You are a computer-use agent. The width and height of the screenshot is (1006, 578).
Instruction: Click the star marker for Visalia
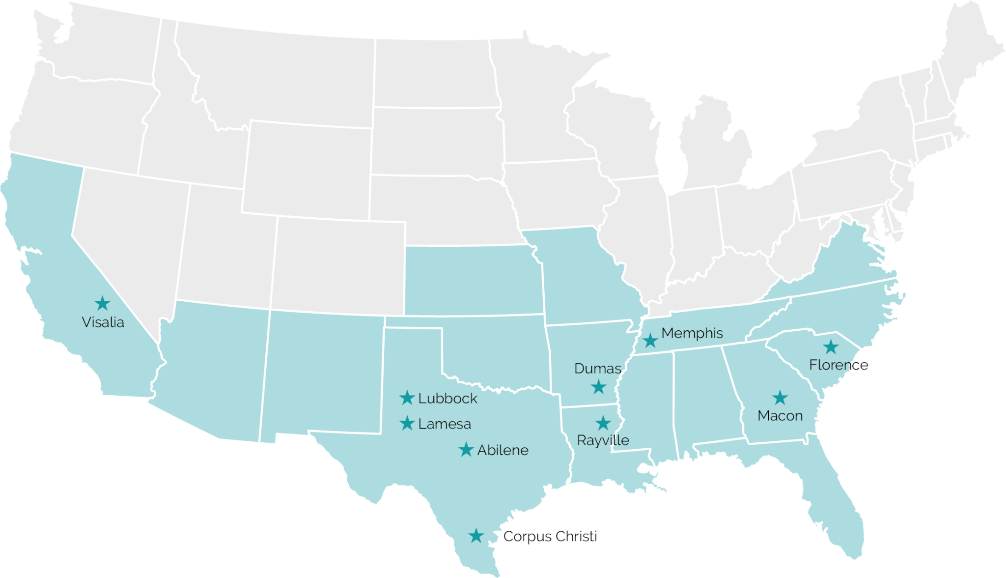pyautogui.click(x=102, y=303)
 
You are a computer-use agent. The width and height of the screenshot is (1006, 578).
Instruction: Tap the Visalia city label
pyautogui.click(x=103, y=322)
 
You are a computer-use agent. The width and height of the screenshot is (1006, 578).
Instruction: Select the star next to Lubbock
pyautogui.click(x=407, y=398)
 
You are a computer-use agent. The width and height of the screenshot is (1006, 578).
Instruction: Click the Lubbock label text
pyautogui.click(x=447, y=399)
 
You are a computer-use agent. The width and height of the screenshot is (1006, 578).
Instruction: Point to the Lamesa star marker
pyautogui.click(x=407, y=423)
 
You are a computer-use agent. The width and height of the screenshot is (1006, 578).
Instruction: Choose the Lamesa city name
pyautogui.click(x=445, y=424)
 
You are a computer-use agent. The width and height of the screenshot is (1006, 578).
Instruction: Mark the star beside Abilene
pyautogui.click(x=466, y=449)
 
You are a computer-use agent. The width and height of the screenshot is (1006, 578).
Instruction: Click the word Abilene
pyautogui.click(x=503, y=450)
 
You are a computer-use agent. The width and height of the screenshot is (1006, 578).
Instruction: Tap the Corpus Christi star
pyautogui.click(x=475, y=536)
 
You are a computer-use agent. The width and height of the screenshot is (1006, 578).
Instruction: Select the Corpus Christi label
pyautogui.click(x=550, y=536)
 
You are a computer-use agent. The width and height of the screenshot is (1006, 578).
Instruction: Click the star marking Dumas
pyautogui.click(x=598, y=387)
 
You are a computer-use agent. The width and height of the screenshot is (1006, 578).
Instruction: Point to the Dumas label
pyautogui.click(x=597, y=369)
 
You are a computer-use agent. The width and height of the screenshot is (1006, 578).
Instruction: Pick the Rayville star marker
pyautogui.click(x=603, y=423)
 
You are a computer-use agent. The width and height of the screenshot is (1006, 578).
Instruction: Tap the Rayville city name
pyautogui.click(x=603, y=440)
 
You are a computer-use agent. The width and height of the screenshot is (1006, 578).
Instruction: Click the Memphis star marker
pyautogui.click(x=650, y=340)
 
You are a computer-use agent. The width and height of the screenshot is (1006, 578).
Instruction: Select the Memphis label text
pyautogui.click(x=692, y=333)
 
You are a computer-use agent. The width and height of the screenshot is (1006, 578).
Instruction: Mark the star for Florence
pyautogui.click(x=831, y=347)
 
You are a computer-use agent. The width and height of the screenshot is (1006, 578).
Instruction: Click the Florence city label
pyautogui.click(x=838, y=365)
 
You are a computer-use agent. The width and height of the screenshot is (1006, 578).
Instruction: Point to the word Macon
pyautogui.click(x=780, y=416)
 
